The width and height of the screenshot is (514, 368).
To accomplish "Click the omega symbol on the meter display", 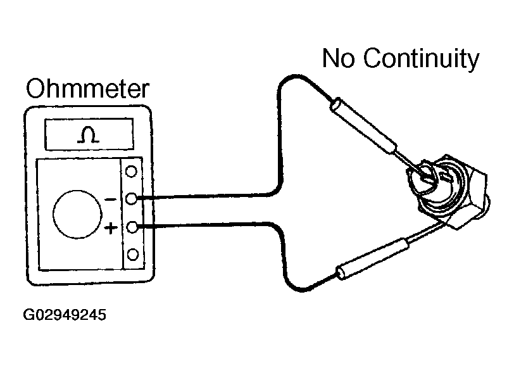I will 88,134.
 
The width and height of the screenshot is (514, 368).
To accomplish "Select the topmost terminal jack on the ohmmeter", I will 132,171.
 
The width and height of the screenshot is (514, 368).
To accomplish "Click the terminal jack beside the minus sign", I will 132,199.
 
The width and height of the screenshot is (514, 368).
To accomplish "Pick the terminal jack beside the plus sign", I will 132,227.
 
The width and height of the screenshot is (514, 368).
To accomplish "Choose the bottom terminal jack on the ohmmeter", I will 132,255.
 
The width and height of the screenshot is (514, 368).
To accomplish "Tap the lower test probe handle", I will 371,258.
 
